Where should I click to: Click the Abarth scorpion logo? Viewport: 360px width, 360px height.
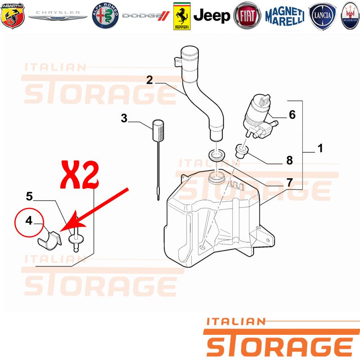click(x=13, y=15)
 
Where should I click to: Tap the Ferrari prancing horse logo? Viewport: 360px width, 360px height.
click(x=182, y=16)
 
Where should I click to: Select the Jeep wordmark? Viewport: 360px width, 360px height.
click(x=211, y=16)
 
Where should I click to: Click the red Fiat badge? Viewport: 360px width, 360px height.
click(x=247, y=16)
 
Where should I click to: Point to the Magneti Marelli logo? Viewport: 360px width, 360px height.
click(x=285, y=16)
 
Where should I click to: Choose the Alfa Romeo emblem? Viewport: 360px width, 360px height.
click(x=105, y=16)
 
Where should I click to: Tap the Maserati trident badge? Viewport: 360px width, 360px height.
click(x=350, y=16)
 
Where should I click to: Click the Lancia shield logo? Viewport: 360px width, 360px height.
click(x=322, y=16)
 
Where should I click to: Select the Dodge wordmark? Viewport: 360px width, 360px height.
click(x=146, y=16)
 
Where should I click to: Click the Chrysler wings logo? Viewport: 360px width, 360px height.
click(x=58, y=15)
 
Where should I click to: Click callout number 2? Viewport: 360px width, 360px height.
click(x=149, y=80)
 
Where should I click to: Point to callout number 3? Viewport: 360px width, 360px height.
click(x=124, y=118)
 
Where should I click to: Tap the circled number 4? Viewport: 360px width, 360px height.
click(x=29, y=220)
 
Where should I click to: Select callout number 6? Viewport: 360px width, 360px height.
click(x=292, y=115)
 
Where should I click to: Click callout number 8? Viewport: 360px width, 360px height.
click(x=289, y=160)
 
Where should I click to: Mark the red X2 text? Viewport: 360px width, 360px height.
click(x=80, y=175)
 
